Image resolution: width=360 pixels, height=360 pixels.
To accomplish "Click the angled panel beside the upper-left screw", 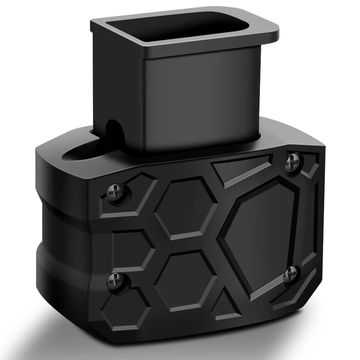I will [135, 202].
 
